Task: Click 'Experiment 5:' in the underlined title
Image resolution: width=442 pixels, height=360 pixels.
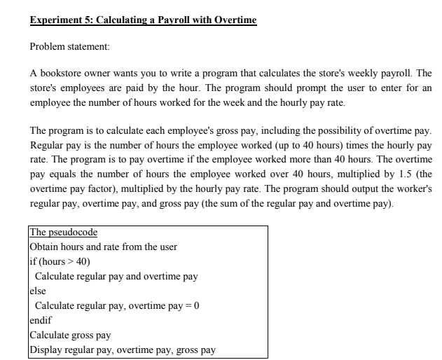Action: (60, 20)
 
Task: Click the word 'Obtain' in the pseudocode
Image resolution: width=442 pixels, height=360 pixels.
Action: (44, 247)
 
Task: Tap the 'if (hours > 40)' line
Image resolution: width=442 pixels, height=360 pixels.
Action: (60, 261)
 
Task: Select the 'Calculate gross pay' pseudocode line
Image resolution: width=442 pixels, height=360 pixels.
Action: (70, 335)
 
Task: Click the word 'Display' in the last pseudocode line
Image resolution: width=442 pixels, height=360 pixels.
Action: (46, 349)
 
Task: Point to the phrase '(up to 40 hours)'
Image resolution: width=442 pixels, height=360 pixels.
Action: (274, 147)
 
